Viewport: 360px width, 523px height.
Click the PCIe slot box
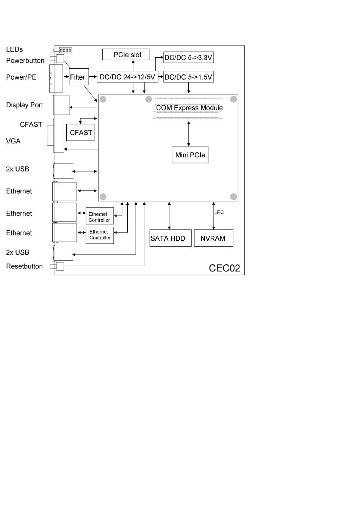[126, 55]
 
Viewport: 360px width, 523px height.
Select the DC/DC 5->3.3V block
[188, 58]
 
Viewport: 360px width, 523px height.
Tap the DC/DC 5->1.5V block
[188, 77]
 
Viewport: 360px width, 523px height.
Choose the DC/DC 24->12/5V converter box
[127, 77]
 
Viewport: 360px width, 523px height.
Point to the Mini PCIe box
[190, 155]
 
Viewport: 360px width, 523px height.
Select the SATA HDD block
[171, 238]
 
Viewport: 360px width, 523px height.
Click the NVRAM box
[213, 238]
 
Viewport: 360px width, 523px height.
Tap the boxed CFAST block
[80, 133]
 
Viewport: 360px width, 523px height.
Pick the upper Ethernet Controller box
[100, 217]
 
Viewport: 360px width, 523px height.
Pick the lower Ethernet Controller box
[100, 235]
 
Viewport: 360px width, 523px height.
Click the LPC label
[219, 212]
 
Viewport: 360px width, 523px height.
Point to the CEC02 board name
[224, 268]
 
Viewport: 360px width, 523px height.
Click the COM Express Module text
[189, 108]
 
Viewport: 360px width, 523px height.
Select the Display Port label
[25, 105]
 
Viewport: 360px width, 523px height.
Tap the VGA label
[13, 141]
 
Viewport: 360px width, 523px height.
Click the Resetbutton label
[24, 266]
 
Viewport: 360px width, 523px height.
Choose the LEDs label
[14, 49]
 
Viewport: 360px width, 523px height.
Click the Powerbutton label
[25, 61]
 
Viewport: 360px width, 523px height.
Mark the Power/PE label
[21, 77]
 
